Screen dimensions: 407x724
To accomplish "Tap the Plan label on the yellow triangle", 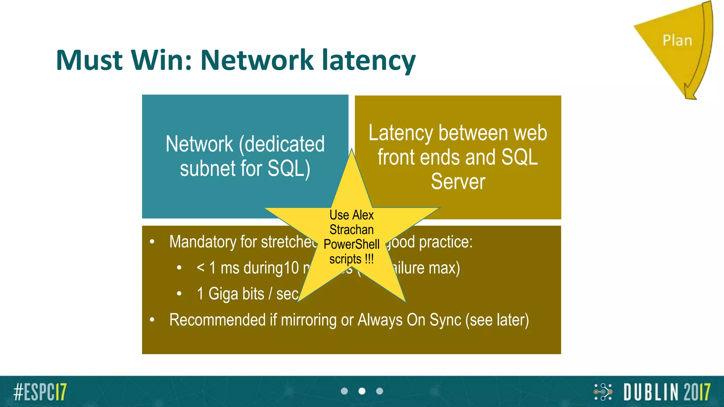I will (677, 41).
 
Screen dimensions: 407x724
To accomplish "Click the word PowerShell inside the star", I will (351, 244).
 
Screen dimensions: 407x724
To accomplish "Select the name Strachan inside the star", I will (351, 230).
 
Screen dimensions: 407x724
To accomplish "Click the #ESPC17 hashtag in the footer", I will (40, 391).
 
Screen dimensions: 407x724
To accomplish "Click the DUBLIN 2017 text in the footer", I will (666, 392).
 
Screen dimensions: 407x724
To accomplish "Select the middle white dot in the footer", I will (362, 391).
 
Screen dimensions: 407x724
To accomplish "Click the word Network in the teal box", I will (199, 144).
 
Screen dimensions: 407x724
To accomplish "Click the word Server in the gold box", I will (458, 182).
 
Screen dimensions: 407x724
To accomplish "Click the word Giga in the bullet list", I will (236, 294).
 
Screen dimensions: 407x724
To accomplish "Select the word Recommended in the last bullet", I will (217, 320).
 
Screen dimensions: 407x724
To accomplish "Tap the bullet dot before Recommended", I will (152, 320).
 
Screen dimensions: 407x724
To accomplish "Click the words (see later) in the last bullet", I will (497, 320).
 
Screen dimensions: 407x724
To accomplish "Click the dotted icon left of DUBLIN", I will (603, 392).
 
